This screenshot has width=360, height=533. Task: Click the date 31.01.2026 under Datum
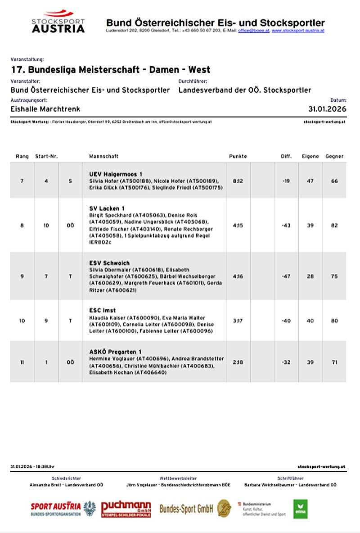(x=327, y=109)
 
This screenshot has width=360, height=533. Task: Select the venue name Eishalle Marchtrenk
(x=45, y=109)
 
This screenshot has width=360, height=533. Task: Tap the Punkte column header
(x=238, y=156)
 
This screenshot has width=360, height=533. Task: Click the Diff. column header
(x=286, y=156)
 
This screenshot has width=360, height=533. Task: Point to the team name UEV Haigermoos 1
(x=116, y=174)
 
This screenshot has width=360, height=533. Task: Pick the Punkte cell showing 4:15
(x=238, y=226)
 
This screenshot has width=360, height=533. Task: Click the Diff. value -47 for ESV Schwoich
(x=286, y=276)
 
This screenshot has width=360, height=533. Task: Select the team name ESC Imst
(x=102, y=310)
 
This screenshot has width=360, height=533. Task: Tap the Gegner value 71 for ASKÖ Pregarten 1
(x=334, y=362)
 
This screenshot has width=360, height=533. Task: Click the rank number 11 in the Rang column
(x=22, y=362)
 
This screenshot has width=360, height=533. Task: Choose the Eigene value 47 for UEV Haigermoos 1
(x=310, y=181)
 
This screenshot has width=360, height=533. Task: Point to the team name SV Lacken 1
(x=107, y=208)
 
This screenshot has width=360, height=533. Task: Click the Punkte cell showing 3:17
(x=238, y=321)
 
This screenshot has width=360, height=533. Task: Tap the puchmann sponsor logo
(x=126, y=509)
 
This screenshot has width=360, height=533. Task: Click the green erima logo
(x=300, y=509)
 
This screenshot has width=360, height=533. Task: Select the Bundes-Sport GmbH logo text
(x=186, y=509)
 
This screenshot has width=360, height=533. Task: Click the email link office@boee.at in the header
(x=253, y=31)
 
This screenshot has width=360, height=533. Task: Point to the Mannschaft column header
(x=104, y=156)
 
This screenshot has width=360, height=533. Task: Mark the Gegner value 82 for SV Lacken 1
(x=334, y=226)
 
